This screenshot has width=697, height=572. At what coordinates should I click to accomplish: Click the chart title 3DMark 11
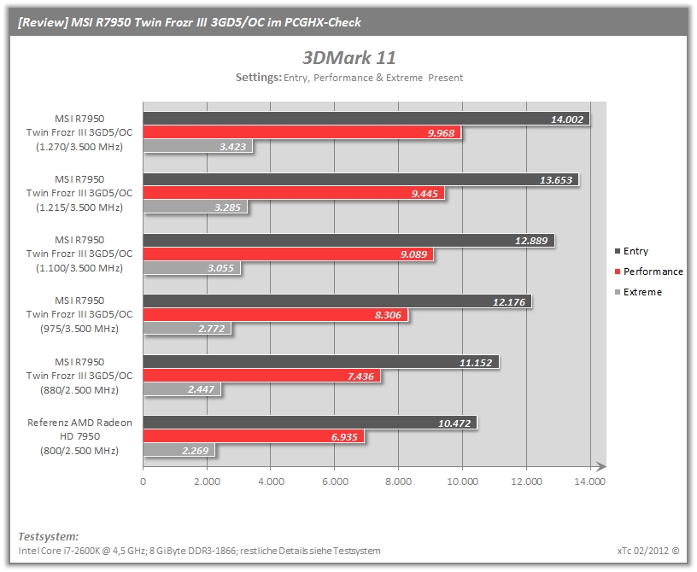[x=349, y=58]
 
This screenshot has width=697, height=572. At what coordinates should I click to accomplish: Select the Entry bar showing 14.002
[x=366, y=119]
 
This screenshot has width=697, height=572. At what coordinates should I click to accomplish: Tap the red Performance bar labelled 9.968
[x=302, y=132]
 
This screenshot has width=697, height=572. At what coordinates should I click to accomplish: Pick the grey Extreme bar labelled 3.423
[x=198, y=146]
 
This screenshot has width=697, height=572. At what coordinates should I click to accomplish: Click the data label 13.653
[x=556, y=180]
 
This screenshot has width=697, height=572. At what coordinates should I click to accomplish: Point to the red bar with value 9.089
[x=288, y=254]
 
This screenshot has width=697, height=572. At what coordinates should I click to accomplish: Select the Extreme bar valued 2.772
[x=187, y=329]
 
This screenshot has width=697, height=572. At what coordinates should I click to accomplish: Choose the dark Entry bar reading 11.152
[x=321, y=362]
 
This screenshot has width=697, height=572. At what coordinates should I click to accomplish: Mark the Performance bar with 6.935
[x=254, y=436]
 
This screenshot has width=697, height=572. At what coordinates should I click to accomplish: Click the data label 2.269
[x=195, y=451]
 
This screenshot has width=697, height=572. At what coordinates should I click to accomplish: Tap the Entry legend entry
[x=632, y=251]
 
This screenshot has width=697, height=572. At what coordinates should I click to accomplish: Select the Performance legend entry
[x=649, y=271]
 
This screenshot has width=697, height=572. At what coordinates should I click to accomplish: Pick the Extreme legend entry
[x=638, y=292]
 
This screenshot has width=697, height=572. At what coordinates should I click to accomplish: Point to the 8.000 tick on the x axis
[x=398, y=482]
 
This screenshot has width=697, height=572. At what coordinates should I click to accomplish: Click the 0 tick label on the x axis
[x=143, y=482]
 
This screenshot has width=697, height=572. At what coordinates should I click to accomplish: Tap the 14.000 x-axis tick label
[x=590, y=482]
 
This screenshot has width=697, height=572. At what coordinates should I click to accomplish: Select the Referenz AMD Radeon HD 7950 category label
[x=79, y=436]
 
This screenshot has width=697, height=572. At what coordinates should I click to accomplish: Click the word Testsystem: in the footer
[x=49, y=536]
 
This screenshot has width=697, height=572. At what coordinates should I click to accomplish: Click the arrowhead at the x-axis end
[x=601, y=466]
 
